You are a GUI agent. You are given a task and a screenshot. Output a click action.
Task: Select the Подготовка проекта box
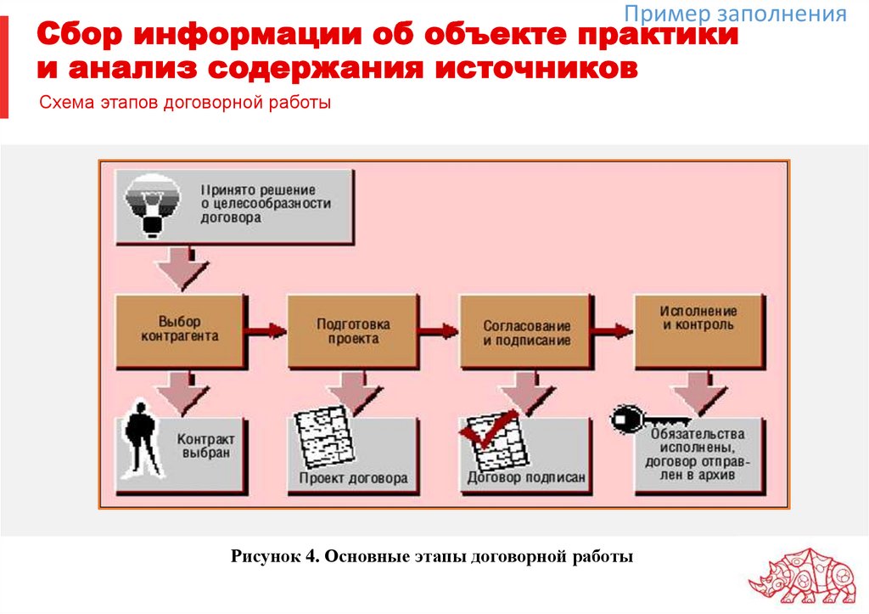tap(352, 330)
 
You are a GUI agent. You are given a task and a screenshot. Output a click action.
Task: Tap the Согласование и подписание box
tap(526, 332)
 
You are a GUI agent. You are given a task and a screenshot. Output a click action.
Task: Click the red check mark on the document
tap(488, 430)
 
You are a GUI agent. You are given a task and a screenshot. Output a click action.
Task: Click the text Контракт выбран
tap(205, 447)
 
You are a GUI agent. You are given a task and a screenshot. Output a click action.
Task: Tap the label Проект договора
tap(353, 478)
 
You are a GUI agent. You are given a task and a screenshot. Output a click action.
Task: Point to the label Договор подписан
tap(526, 478)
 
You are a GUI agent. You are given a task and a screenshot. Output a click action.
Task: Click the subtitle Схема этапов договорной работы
tap(184, 104)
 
